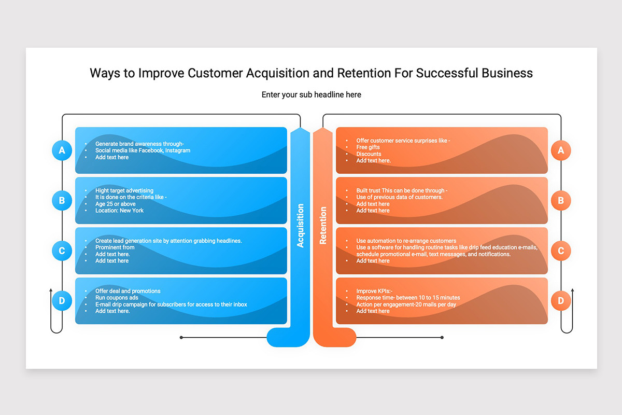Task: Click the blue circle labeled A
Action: [62, 150]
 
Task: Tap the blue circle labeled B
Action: [62, 200]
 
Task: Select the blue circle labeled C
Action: [62, 251]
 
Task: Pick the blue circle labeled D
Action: [62, 301]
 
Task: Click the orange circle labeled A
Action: [561, 150]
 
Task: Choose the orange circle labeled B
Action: [561, 200]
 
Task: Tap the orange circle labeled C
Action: [561, 251]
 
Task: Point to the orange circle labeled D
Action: [561, 301]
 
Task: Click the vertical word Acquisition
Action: [300, 226]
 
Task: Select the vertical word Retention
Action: [322, 226]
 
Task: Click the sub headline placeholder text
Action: [312, 95]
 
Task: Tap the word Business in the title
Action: [507, 73]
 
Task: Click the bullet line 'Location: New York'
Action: [119, 211]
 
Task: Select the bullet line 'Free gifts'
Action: [367, 147]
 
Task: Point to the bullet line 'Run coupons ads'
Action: [117, 298]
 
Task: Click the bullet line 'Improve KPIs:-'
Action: [374, 291]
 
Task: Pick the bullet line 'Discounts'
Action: [369, 154]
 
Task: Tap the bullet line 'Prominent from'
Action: [115, 247]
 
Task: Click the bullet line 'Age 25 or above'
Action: [115, 204]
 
